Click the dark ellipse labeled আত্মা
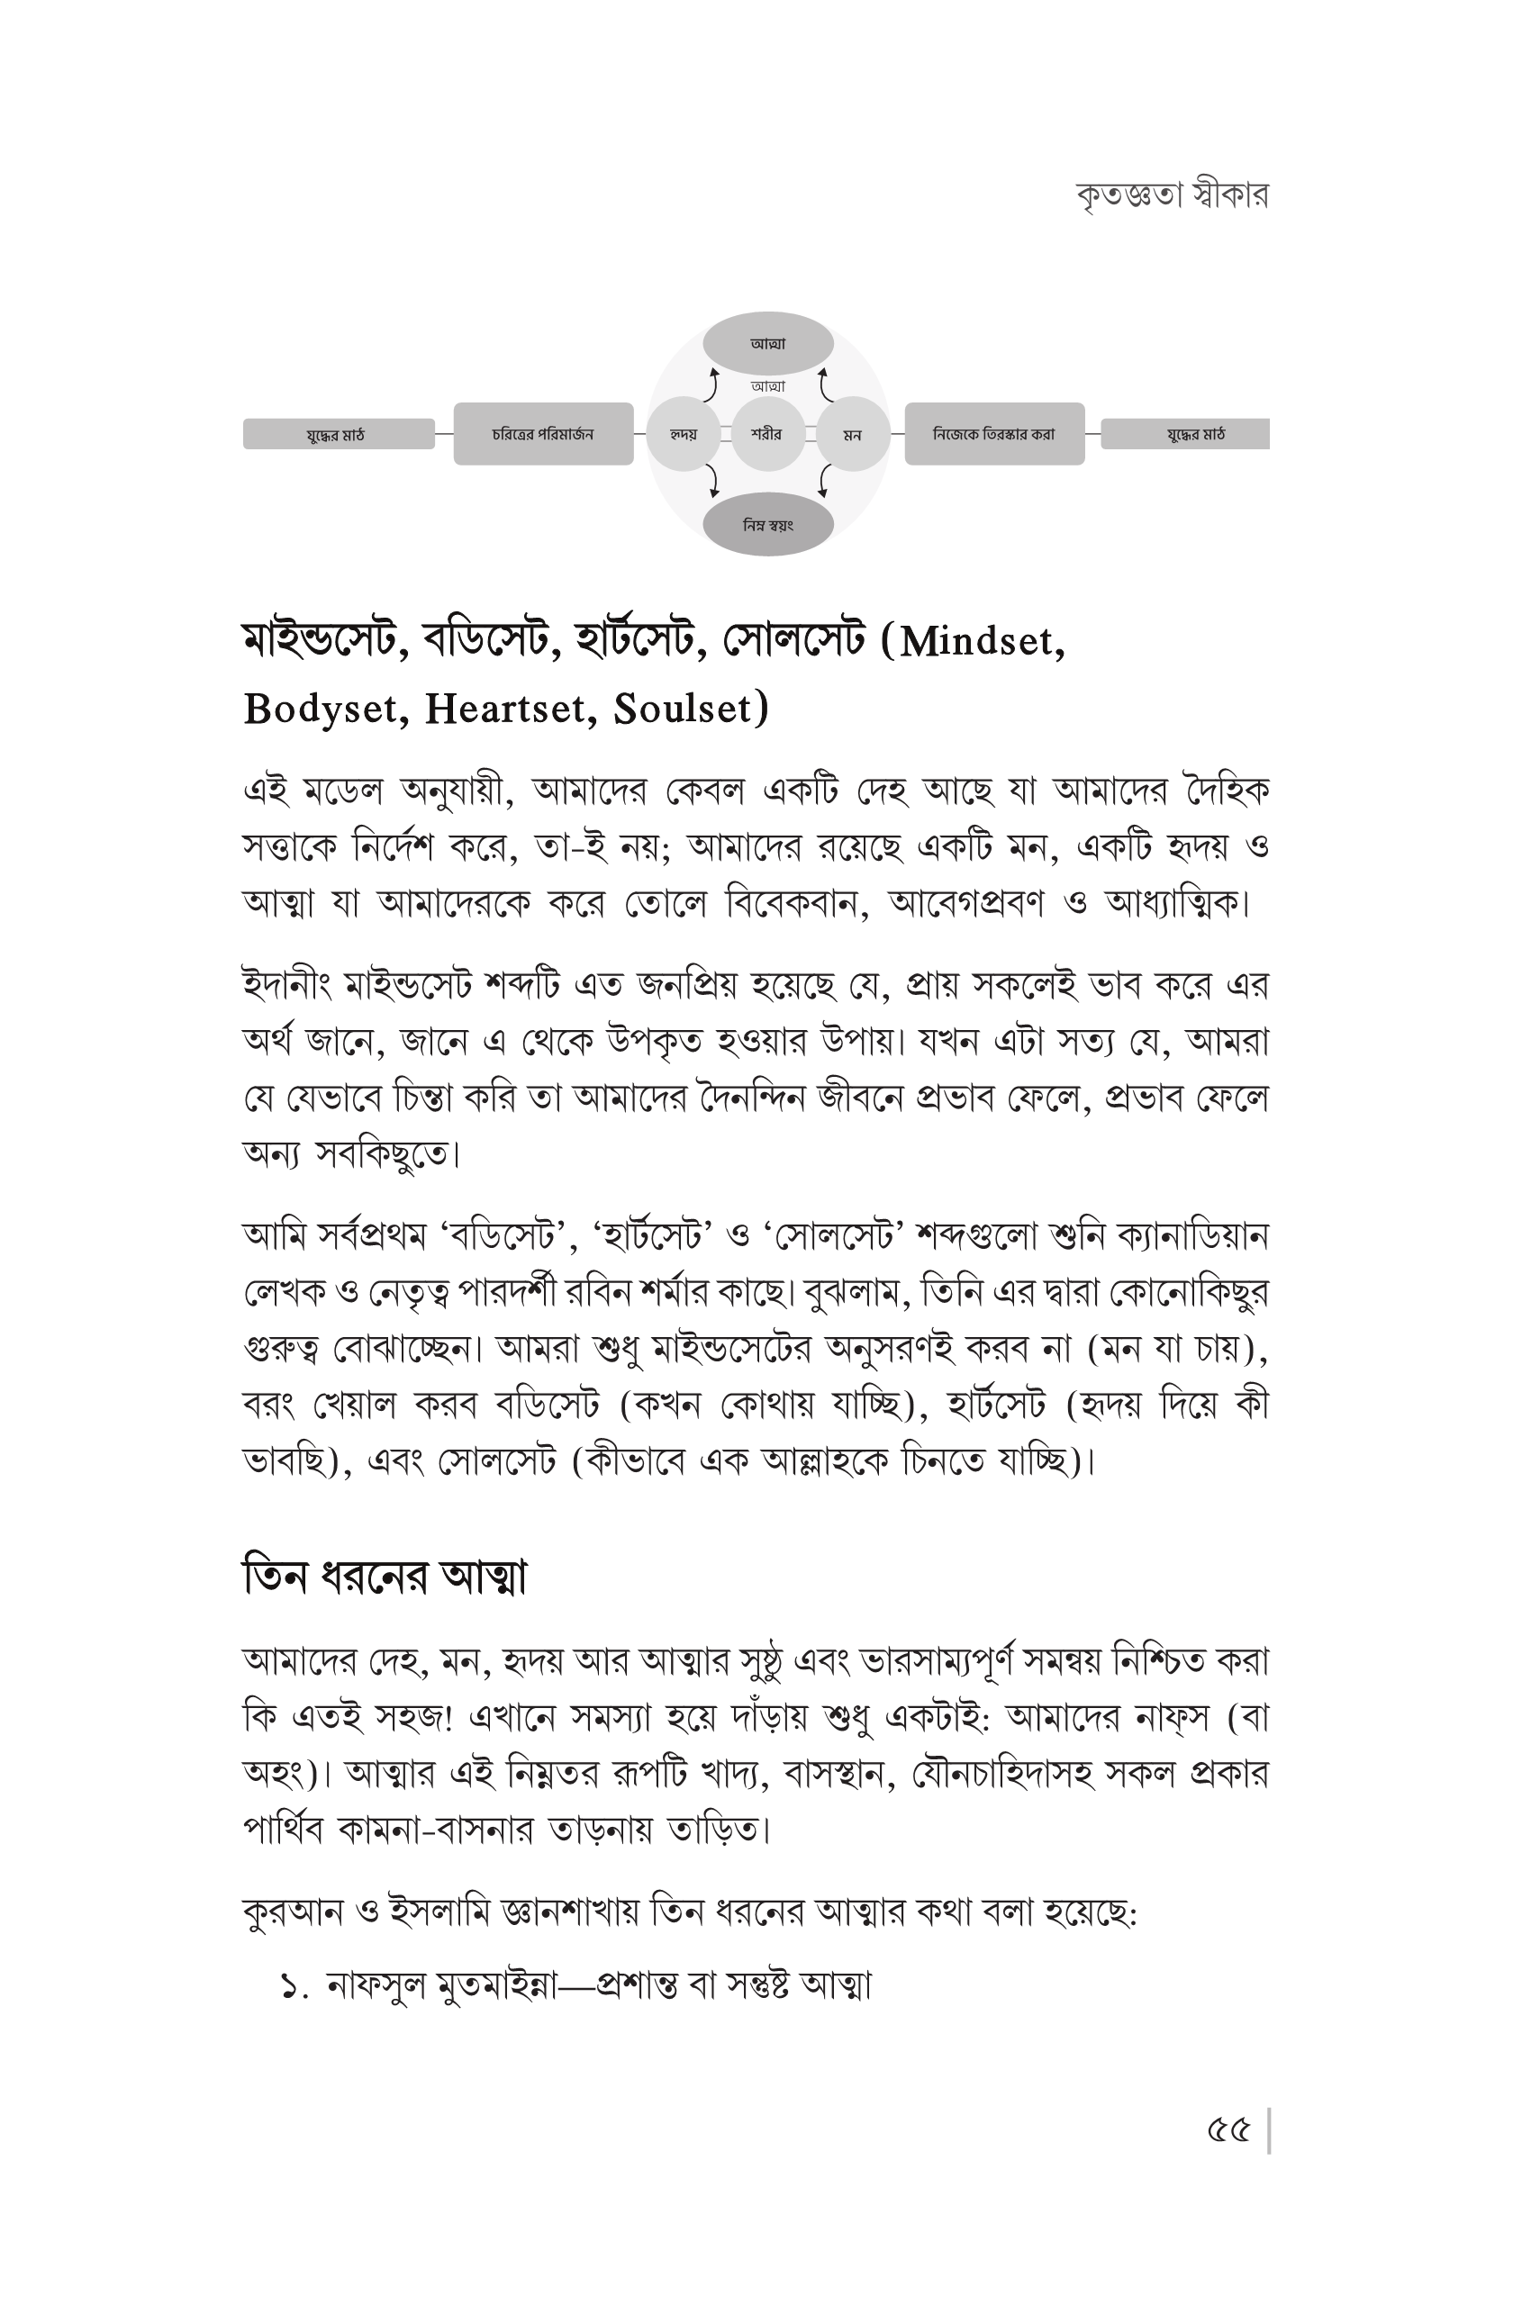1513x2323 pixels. [x=768, y=344]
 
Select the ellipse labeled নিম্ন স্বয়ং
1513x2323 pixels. [x=768, y=525]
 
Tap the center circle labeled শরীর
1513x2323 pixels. [x=767, y=434]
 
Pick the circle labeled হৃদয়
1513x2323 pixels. [x=684, y=434]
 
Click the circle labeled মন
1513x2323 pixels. [x=852, y=434]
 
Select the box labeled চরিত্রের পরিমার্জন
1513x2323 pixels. [x=543, y=433]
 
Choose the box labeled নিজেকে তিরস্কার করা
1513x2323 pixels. [x=993, y=433]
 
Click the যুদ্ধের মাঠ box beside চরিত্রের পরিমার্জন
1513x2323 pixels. [x=338, y=434]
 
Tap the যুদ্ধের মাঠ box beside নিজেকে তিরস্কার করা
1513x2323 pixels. [x=1185, y=434]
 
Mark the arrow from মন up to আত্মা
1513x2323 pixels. [x=825, y=384]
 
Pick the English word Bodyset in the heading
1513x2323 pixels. [x=326, y=710]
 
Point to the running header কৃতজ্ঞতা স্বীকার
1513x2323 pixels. [x=1172, y=195]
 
